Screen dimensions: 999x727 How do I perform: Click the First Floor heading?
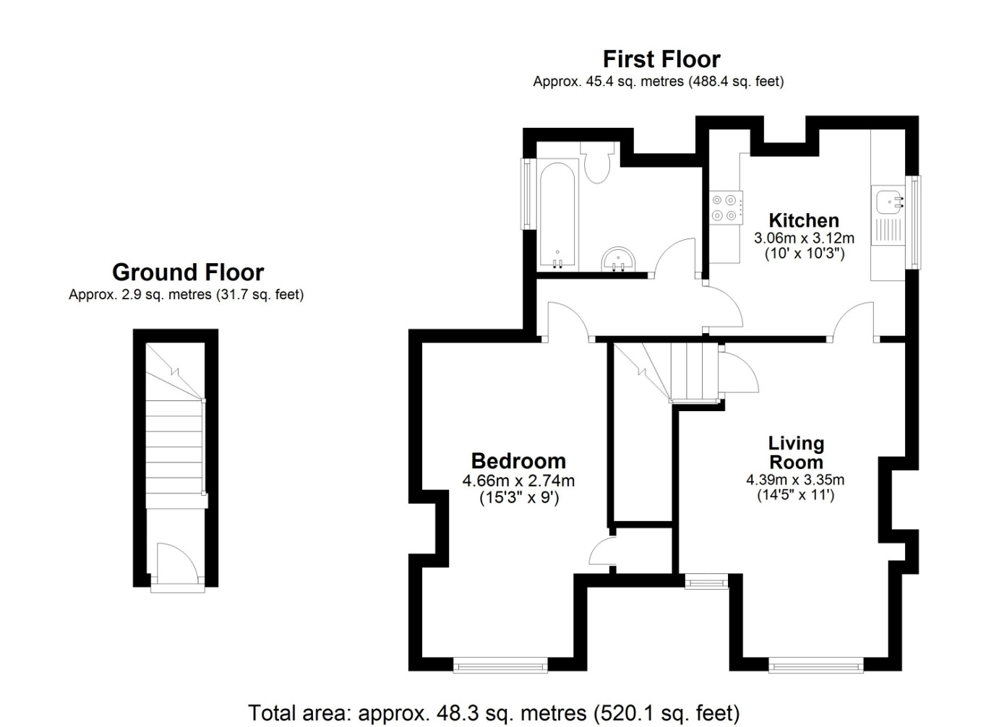(661, 59)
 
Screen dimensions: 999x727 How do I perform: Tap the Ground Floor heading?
(188, 272)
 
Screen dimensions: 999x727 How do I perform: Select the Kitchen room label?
(804, 220)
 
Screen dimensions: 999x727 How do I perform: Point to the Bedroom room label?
(518, 461)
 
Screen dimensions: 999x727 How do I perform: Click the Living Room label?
(796, 452)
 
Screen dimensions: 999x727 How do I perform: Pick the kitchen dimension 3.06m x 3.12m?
(804, 238)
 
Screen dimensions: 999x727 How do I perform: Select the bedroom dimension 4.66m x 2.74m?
(518, 481)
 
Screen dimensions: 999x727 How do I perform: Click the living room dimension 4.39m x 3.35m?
(795, 480)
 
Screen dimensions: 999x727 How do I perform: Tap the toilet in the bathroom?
(597, 163)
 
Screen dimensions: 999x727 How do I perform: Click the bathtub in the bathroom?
(557, 215)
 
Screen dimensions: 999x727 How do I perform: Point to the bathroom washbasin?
(618, 259)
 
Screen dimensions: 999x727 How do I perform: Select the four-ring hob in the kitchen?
(726, 207)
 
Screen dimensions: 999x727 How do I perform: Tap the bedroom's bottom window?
(500, 666)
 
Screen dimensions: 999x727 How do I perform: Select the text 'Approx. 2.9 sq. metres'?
(140, 295)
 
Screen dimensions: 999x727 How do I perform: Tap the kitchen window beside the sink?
(914, 223)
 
